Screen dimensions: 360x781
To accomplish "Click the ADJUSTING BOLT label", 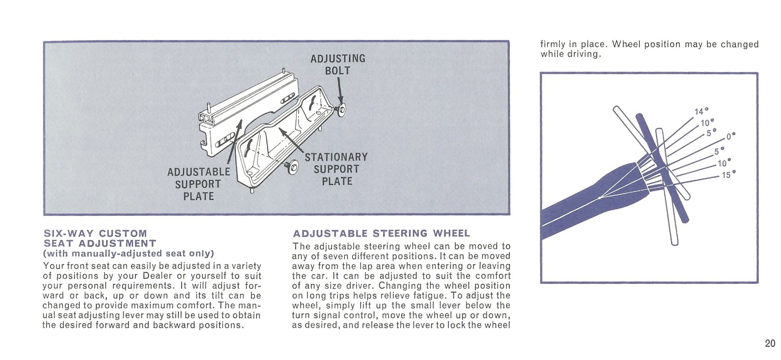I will pos(338,65).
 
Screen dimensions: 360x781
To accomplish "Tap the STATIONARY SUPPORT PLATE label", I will pos(336,169).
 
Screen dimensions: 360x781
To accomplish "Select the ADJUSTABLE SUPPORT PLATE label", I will pos(199,184).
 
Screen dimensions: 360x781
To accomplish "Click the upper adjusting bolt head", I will pos(341,110).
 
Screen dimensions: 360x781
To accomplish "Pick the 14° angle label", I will pos(701,111).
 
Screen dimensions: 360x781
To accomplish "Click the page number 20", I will pos(770,344).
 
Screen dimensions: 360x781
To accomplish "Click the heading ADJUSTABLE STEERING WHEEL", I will pos(381,233).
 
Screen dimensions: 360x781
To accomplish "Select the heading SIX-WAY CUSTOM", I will pos(95,233).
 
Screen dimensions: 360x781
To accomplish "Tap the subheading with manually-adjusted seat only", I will pos(128,253).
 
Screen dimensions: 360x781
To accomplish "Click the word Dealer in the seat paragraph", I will pos(158,276).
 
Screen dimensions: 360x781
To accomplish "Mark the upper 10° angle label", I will pos(707,123).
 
